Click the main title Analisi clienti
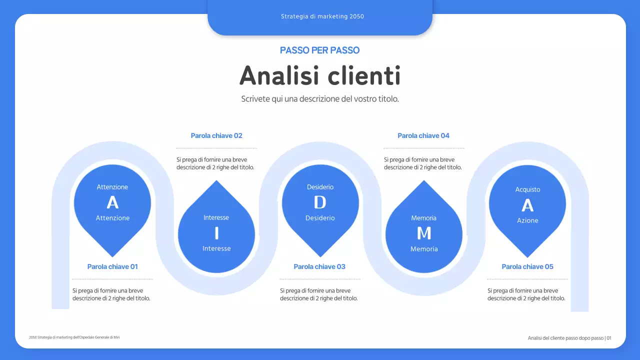click(320, 76)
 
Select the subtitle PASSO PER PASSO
click(320, 50)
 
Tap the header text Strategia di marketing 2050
click(322, 16)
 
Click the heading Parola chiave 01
click(112, 266)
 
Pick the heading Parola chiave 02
click(216, 135)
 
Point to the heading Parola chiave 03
click(319, 266)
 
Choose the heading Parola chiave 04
click(423, 135)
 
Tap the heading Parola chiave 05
click(527, 266)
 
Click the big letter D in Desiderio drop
click(320, 202)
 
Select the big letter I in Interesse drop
click(216, 233)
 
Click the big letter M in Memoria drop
click(424, 233)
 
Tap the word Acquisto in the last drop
click(527, 189)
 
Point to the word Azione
click(527, 220)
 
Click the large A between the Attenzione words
click(112, 202)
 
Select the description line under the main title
click(320, 99)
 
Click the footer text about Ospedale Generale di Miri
click(74, 337)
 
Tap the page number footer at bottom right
click(569, 338)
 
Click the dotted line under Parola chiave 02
click(216, 148)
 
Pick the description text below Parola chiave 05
click(526, 294)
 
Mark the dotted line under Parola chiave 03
click(320, 279)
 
